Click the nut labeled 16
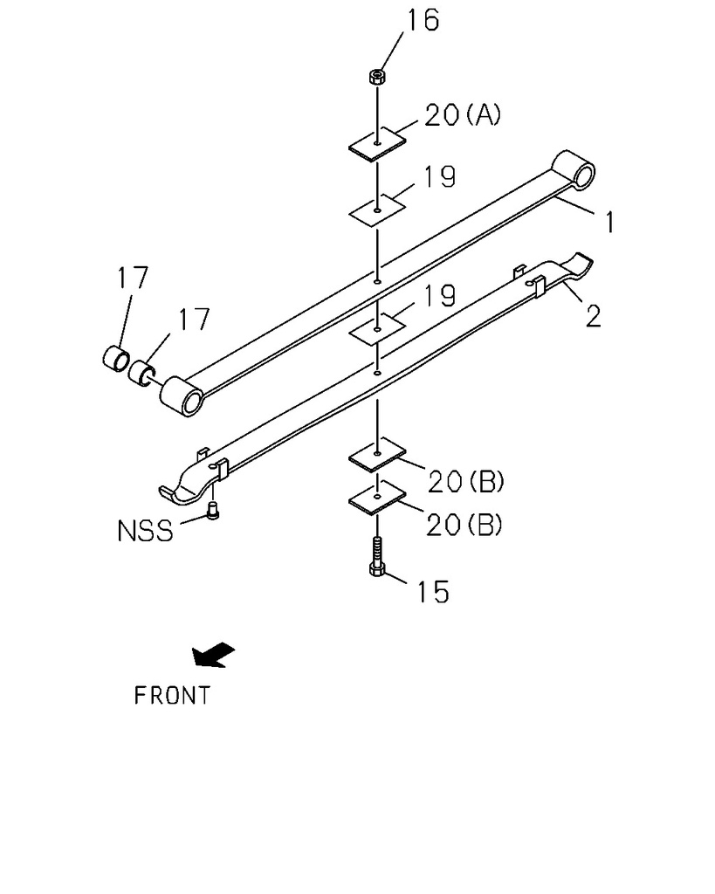(x=375, y=77)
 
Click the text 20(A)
(x=463, y=115)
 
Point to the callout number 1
(x=608, y=223)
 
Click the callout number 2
(x=593, y=316)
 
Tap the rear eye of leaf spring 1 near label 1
(x=575, y=169)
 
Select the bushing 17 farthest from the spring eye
(x=115, y=359)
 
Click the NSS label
(x=145, y=530)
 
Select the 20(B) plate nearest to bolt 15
(x=377, y=499)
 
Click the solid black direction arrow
(x=213, y=655)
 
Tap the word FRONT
(x=172, y=696)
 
